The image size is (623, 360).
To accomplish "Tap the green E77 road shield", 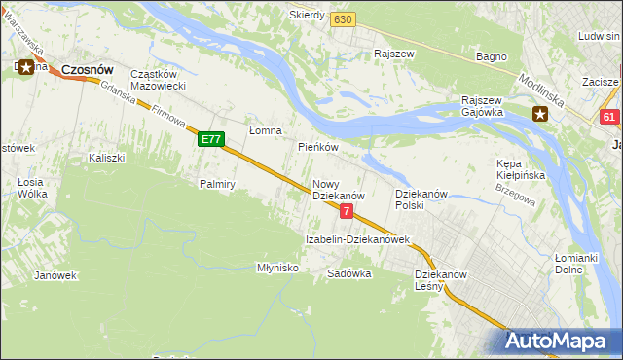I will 211,140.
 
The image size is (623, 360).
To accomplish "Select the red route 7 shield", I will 346,211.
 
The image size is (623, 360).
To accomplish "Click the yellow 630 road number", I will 341,19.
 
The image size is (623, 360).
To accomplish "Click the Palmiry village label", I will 218,184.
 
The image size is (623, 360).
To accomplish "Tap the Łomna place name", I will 265,130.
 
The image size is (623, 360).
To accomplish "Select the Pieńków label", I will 317,148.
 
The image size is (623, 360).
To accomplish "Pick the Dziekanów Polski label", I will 421,199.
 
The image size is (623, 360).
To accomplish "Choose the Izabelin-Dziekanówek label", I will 357,239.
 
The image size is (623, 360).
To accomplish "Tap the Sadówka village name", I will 349,274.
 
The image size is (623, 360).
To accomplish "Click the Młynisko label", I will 276,268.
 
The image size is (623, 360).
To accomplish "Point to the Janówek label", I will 55,275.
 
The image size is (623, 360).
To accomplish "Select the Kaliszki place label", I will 107,157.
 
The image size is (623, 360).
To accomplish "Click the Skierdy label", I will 307,16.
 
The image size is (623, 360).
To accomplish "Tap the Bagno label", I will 491,56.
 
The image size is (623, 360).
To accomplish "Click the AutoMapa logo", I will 563,341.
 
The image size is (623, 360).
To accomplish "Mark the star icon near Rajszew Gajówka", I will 540,115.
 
